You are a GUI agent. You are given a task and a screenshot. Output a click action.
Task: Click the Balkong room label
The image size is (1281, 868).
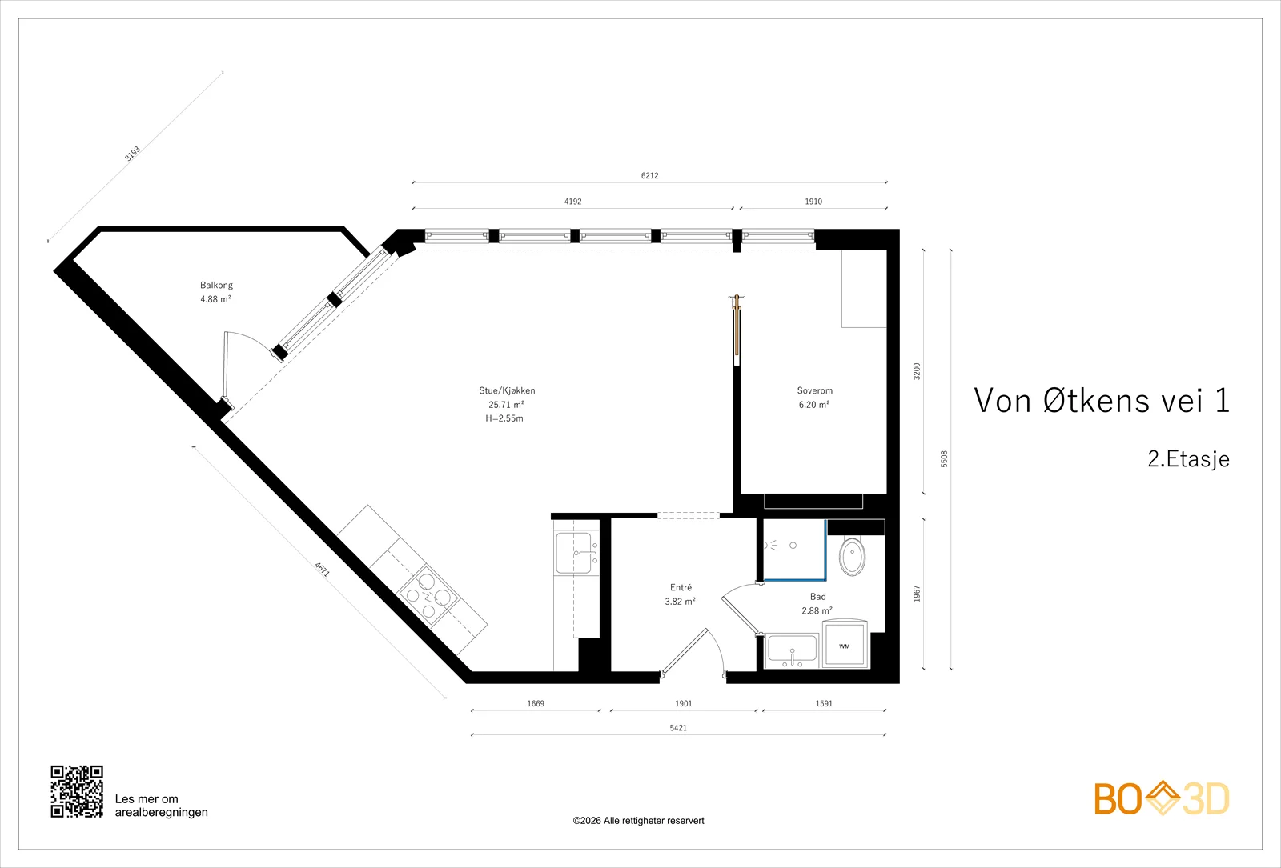(x=216, y=285)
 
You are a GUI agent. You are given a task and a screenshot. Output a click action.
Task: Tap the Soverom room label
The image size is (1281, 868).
(x=814, y=391)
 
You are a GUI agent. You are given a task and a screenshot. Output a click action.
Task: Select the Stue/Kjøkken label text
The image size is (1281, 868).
(x=507, y=391)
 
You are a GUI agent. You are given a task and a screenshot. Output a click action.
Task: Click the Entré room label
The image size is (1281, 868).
(x=681, y=587)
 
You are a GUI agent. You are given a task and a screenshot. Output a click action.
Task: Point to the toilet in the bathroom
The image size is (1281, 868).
(x=852, y=555)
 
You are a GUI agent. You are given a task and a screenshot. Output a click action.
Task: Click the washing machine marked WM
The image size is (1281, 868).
(x=845, y=644)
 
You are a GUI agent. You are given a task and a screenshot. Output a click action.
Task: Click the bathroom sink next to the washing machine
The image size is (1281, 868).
(x=792, y=651)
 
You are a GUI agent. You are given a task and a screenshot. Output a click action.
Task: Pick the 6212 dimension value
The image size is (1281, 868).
(x=649, y=175)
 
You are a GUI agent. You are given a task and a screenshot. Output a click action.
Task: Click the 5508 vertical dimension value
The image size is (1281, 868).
(x=944, y=459)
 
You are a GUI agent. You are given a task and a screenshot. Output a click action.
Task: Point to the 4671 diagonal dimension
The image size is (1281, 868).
(x=322, y=570)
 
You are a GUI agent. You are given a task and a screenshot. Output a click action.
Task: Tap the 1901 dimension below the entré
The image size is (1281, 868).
(x=684, y=703)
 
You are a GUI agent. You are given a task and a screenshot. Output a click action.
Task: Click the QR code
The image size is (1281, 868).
(x=77, y=791)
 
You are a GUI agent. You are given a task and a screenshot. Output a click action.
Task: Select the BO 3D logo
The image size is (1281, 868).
(x=1162, y=798)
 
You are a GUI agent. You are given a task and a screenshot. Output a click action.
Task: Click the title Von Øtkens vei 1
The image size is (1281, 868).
(x=1102, y=400)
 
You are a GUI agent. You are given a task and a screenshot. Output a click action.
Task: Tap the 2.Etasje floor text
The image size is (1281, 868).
(x=1188, y=459)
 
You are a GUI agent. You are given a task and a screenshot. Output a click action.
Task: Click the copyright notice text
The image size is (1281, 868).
(x=638, y=821)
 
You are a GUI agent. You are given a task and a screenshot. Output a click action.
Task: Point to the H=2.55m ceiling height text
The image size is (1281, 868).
(x=504, y=418)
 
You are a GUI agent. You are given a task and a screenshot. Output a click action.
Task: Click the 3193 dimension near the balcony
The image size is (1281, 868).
(x=133, y=154)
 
